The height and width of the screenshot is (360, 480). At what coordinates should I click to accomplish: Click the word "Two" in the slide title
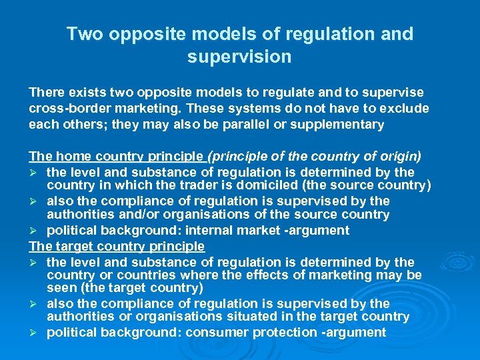pos(85,34)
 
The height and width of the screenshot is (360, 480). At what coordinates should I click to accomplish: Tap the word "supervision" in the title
pos(239,57)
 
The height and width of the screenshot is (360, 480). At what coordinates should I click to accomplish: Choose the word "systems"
pos(259,108)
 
